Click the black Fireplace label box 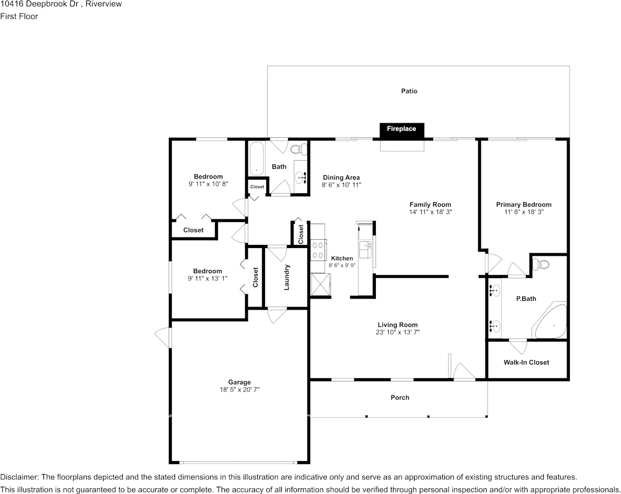click(x=401, y=131)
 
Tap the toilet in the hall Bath click(x=299, y=149)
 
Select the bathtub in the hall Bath click(x=257, y=158)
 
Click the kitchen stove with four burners click(x=318, y=250)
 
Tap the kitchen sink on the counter click(x=365, y=250)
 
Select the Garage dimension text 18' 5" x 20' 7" click(x=239, y=390)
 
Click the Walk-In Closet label click(x=526, y=362)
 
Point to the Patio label click(x=409, y=91)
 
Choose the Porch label click(x=400, y=397)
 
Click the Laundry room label click(x=287, y=277)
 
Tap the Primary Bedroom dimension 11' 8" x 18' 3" click(x=524, y=212)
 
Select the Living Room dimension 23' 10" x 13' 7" click(x=398, y=332)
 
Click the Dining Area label click(x=341, y=178)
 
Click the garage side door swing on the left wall click(x=163, y=337)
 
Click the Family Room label click(x=431, y=205)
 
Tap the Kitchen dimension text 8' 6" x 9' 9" click(x=342, y=265)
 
